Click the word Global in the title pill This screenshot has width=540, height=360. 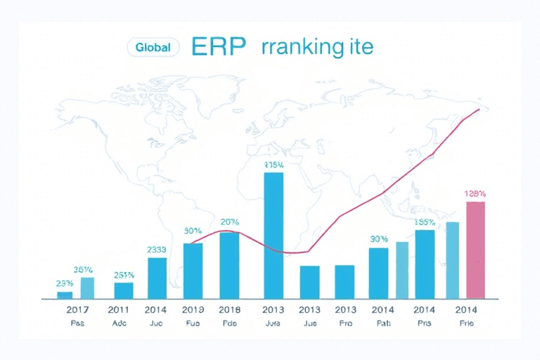click(x=153, y=47)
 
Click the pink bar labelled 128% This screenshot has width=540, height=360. click(x=476, y=249)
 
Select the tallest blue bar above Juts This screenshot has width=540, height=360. click(x=274, y=235)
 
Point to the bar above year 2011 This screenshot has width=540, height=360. click(x=124, y=289)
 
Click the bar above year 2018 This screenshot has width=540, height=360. click(x=229, y=264)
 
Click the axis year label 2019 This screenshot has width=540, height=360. click(x=193, y=309)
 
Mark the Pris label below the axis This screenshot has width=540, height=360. click(x=424, y=323)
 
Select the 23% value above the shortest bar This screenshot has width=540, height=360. click(x=65, y=283)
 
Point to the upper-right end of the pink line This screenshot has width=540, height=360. click(x=479, y=110)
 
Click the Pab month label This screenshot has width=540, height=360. click(x=380, y=323)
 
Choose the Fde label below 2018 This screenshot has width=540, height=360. click(x=229, y=323)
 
